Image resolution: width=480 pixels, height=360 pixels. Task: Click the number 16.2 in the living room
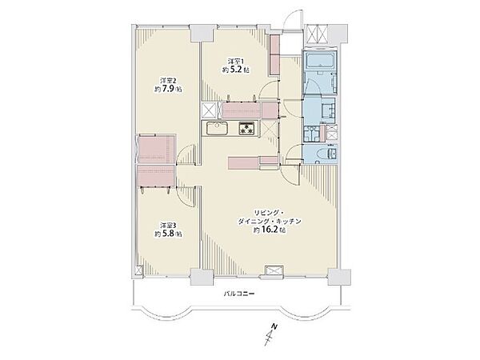269,230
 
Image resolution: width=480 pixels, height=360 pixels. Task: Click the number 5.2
238,70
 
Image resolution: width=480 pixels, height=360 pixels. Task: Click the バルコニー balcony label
239,294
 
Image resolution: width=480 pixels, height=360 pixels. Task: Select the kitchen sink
217,128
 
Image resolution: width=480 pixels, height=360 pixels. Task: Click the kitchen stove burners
246,128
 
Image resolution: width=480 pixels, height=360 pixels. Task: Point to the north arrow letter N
275,326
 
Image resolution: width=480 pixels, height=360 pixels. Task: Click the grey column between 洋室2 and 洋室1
202,34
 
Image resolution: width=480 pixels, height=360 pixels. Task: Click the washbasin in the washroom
327,108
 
